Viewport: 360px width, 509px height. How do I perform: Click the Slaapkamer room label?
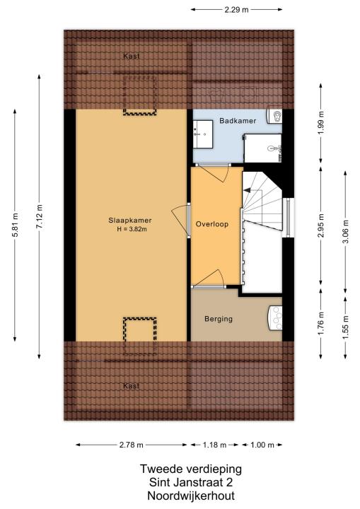tap(130, 221)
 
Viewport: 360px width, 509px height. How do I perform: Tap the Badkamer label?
tap(238, 121)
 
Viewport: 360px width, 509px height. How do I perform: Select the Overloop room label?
tap(212, 224)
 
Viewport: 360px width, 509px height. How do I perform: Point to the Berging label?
tap(219, 319)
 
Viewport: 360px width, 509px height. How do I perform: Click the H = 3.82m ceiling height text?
tap(132, 229)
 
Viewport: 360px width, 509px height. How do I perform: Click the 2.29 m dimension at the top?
tap(236, 10)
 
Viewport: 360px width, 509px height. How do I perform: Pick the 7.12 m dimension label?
tap(39, 216)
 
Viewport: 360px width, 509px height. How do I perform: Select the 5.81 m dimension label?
tap(15, 225)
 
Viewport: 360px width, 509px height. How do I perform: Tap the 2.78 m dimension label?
tap(132, 445)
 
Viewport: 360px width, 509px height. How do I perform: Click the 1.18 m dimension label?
tap(214, 445)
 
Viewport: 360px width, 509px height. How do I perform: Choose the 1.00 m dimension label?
tap(262, 445)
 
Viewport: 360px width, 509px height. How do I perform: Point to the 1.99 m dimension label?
tap(321, 123)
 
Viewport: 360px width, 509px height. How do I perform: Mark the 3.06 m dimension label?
tap(345, 231)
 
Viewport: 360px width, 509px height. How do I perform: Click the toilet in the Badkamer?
tap(274, 116)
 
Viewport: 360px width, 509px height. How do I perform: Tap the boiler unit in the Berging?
tap(275, 318)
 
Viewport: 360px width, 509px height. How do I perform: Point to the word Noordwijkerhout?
tap(191, 496)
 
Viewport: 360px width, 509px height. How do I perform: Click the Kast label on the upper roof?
tap(132, 56)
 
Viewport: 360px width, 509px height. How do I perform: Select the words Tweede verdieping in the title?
tap(191, 469)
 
